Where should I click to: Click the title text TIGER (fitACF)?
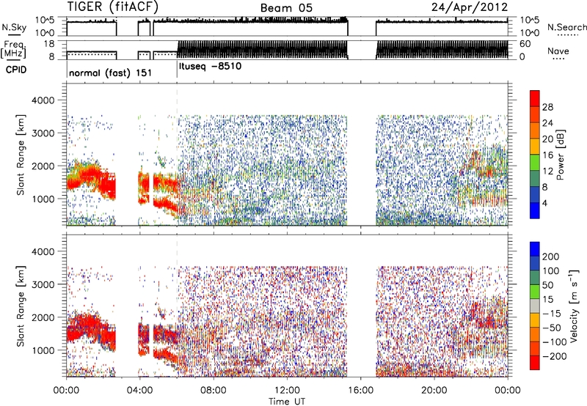point(113,7)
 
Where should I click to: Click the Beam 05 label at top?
point(286,8)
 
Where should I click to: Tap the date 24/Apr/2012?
point(470,7)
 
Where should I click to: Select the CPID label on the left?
point(16,70)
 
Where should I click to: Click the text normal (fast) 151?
point(111,73)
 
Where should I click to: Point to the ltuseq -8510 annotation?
point(211,67)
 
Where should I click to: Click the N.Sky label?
point(14,27)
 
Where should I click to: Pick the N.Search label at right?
point(566,27)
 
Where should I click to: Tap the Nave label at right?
point(558,51)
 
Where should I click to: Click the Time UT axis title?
point(287,402)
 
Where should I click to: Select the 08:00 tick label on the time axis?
point(214,391)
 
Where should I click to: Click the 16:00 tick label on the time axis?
point(360,391)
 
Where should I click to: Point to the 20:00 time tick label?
point(434,391)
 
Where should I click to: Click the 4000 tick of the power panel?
point(43,100)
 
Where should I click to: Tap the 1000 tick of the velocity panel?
point(43,350)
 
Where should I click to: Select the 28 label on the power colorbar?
point(547,107)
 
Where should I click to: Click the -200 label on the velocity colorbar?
point(555,356)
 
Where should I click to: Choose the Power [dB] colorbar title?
point(560,155)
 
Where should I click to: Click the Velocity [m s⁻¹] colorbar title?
point(574,306)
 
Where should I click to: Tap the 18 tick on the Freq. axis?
point(49,44)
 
